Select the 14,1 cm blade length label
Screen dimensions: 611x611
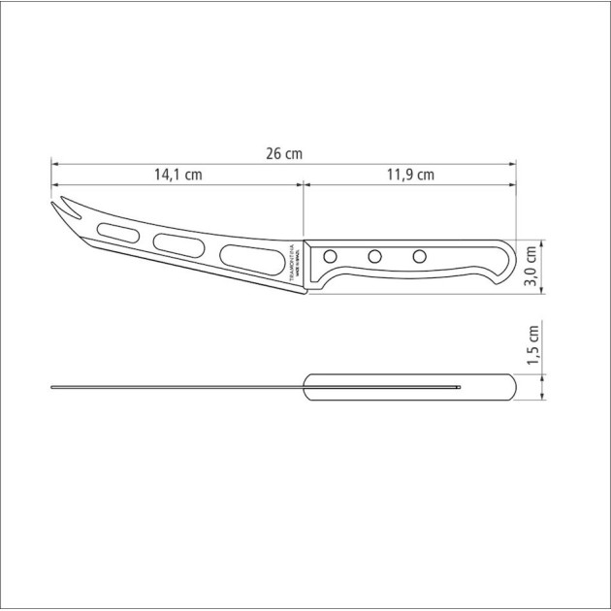pos(177,176)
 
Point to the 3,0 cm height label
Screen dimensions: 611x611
pos(531,265)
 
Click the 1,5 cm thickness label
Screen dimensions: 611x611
pos(531,347)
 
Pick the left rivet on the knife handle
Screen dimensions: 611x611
pos(330,257)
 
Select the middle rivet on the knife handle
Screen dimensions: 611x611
pos(373,257)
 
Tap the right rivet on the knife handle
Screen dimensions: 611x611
pos(419,257)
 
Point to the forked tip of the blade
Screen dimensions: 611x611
pos(58,207)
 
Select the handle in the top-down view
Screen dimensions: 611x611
pos(407,387)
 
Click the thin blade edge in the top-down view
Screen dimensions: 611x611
pos(175,388)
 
